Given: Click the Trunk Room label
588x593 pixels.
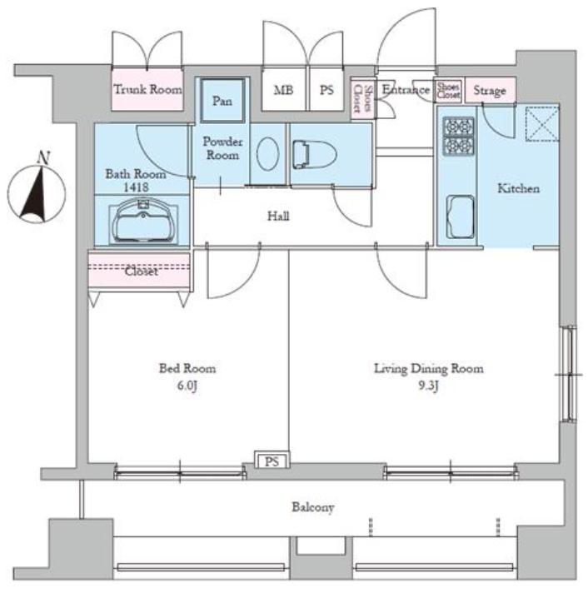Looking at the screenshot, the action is [147, 89].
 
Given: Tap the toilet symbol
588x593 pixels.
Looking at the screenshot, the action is [315, 155].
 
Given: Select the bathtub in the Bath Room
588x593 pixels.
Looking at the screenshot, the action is [142, 221].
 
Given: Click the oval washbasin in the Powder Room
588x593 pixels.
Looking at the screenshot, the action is [267, 153].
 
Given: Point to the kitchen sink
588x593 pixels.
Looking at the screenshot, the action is [461, 217].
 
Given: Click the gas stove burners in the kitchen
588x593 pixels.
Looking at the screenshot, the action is [459, 136].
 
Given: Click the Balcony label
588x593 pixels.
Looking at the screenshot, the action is [313, 507].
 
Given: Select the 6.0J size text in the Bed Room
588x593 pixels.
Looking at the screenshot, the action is [187, 386].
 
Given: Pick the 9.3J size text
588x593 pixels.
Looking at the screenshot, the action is [428, 386].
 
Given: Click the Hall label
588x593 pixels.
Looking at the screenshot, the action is [279, 217].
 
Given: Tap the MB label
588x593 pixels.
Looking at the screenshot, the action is [284, 90].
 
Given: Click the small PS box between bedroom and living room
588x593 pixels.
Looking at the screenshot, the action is [272, 461].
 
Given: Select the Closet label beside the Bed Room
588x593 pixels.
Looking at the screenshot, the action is [142, 272].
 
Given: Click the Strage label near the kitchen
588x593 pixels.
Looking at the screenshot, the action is [490, 91].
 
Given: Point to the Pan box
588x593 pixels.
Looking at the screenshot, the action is [222, 101].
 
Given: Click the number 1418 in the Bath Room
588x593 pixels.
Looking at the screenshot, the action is [136, 187].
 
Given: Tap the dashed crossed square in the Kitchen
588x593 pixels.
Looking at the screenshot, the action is [542, 124].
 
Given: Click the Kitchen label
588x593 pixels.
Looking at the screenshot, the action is [518, 188].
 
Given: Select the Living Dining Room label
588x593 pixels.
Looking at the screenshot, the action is [429, 369].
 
